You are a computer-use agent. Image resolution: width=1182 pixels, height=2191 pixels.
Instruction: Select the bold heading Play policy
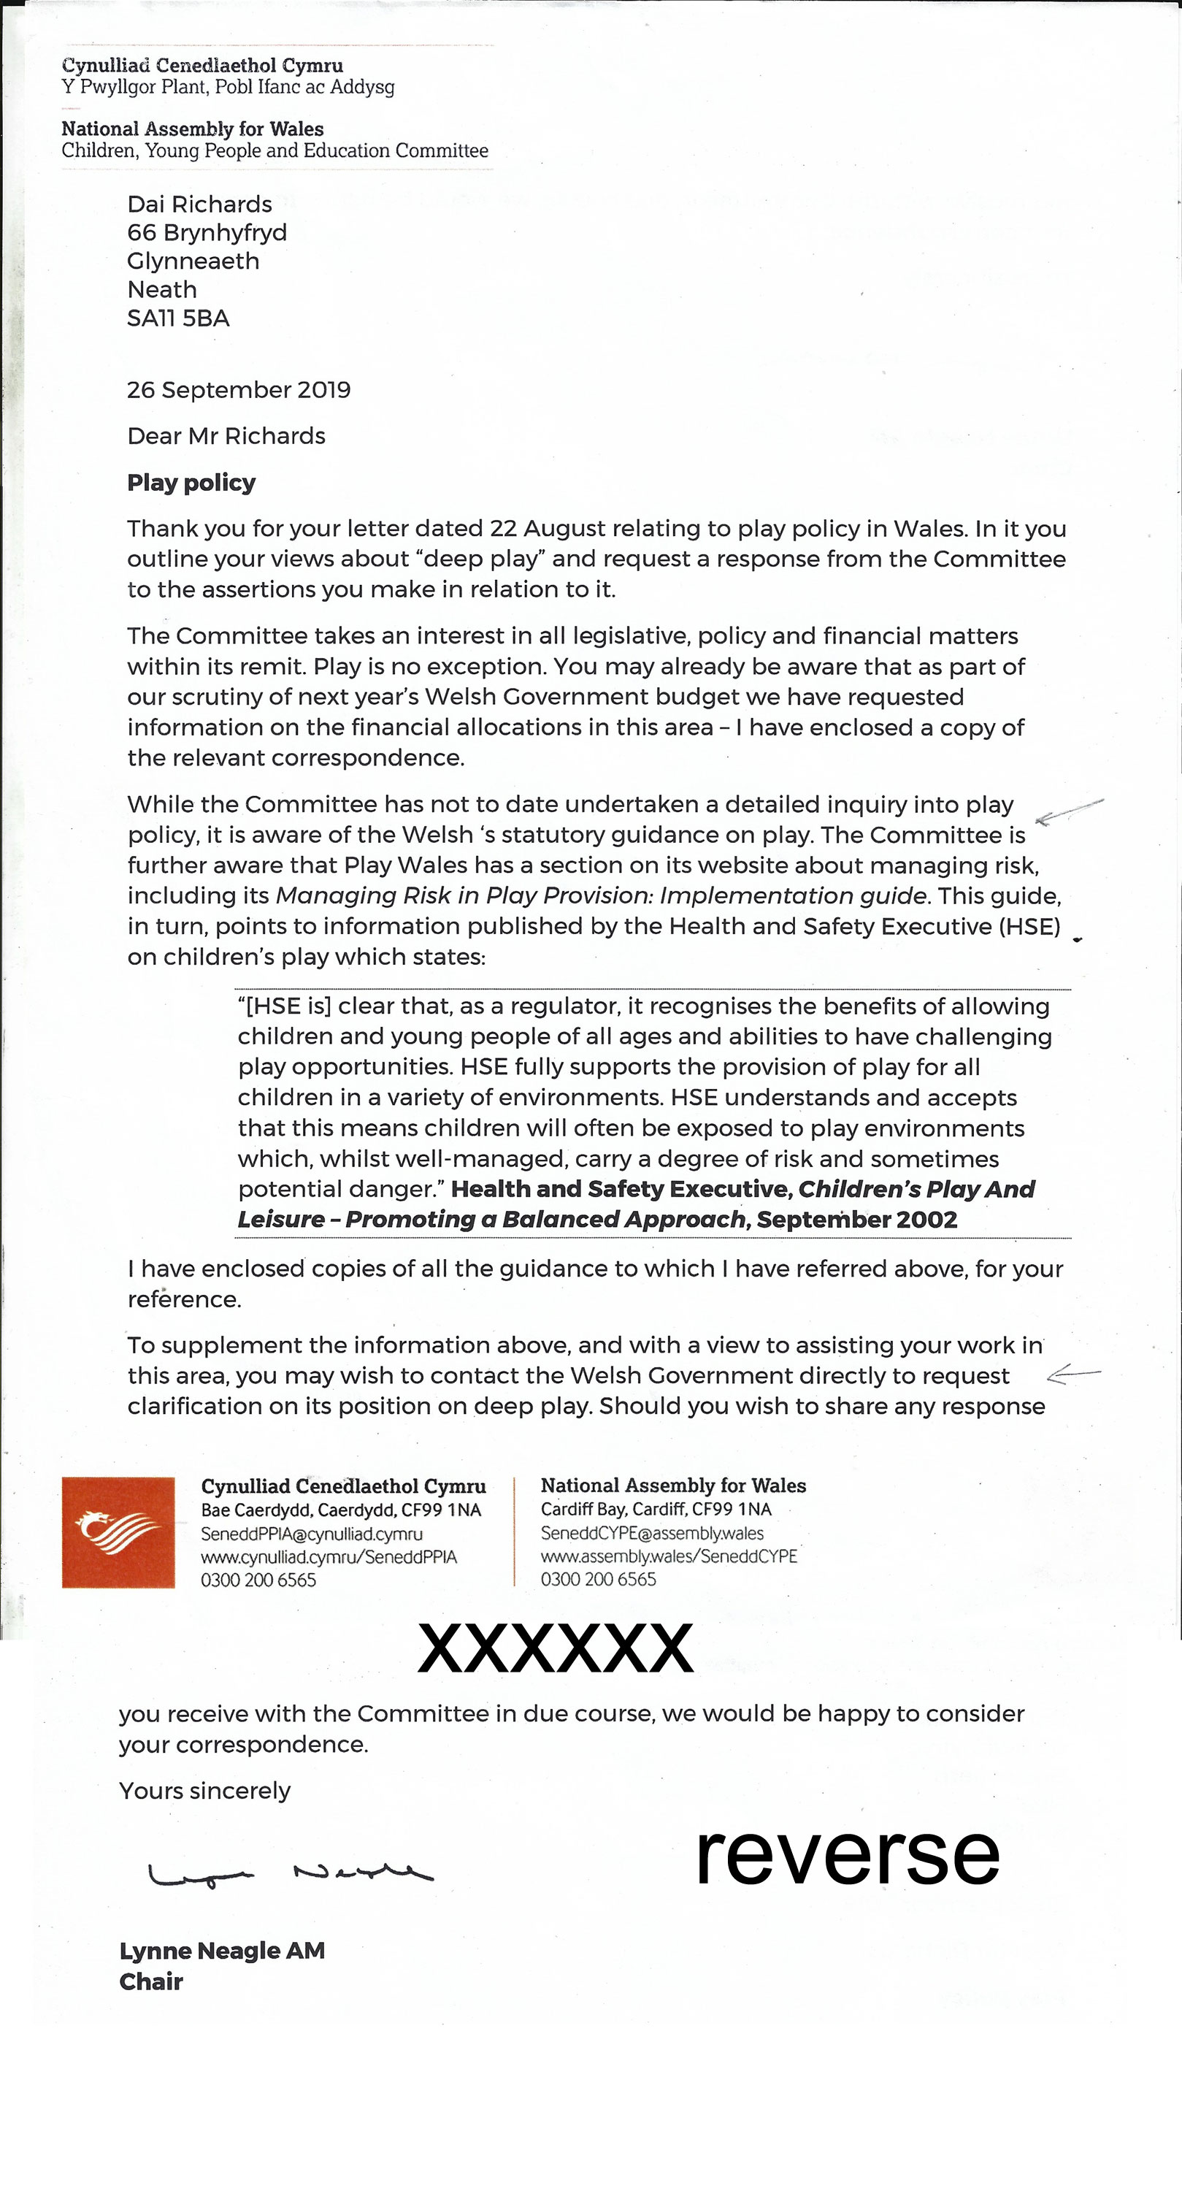pyautogui.click(x=191, y=482)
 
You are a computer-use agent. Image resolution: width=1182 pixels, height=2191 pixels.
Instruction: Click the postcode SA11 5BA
pyautogui.click(x=179, y=318)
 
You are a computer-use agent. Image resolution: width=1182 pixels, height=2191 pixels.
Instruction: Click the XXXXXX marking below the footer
pyautogui.click(x=556, y=1648)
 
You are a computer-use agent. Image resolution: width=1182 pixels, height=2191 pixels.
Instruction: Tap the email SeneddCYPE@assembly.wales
pyautogui.click(x=652, y=1533)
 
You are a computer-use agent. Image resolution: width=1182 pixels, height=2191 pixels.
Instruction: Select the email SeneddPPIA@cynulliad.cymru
pyautogui.click(x=311, y=1534)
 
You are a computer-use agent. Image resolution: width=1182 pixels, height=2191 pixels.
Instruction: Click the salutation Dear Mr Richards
pyautogui.click(x=226, y=435)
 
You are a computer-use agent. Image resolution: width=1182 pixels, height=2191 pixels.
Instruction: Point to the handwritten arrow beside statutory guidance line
pyautogui.click(x=1070, y=811)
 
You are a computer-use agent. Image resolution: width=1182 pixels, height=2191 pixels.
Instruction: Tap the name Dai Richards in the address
pyautogui.click(x=200, y=204)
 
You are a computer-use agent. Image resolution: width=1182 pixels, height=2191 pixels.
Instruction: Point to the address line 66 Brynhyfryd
pyautogui.click(x=207, y=232)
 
